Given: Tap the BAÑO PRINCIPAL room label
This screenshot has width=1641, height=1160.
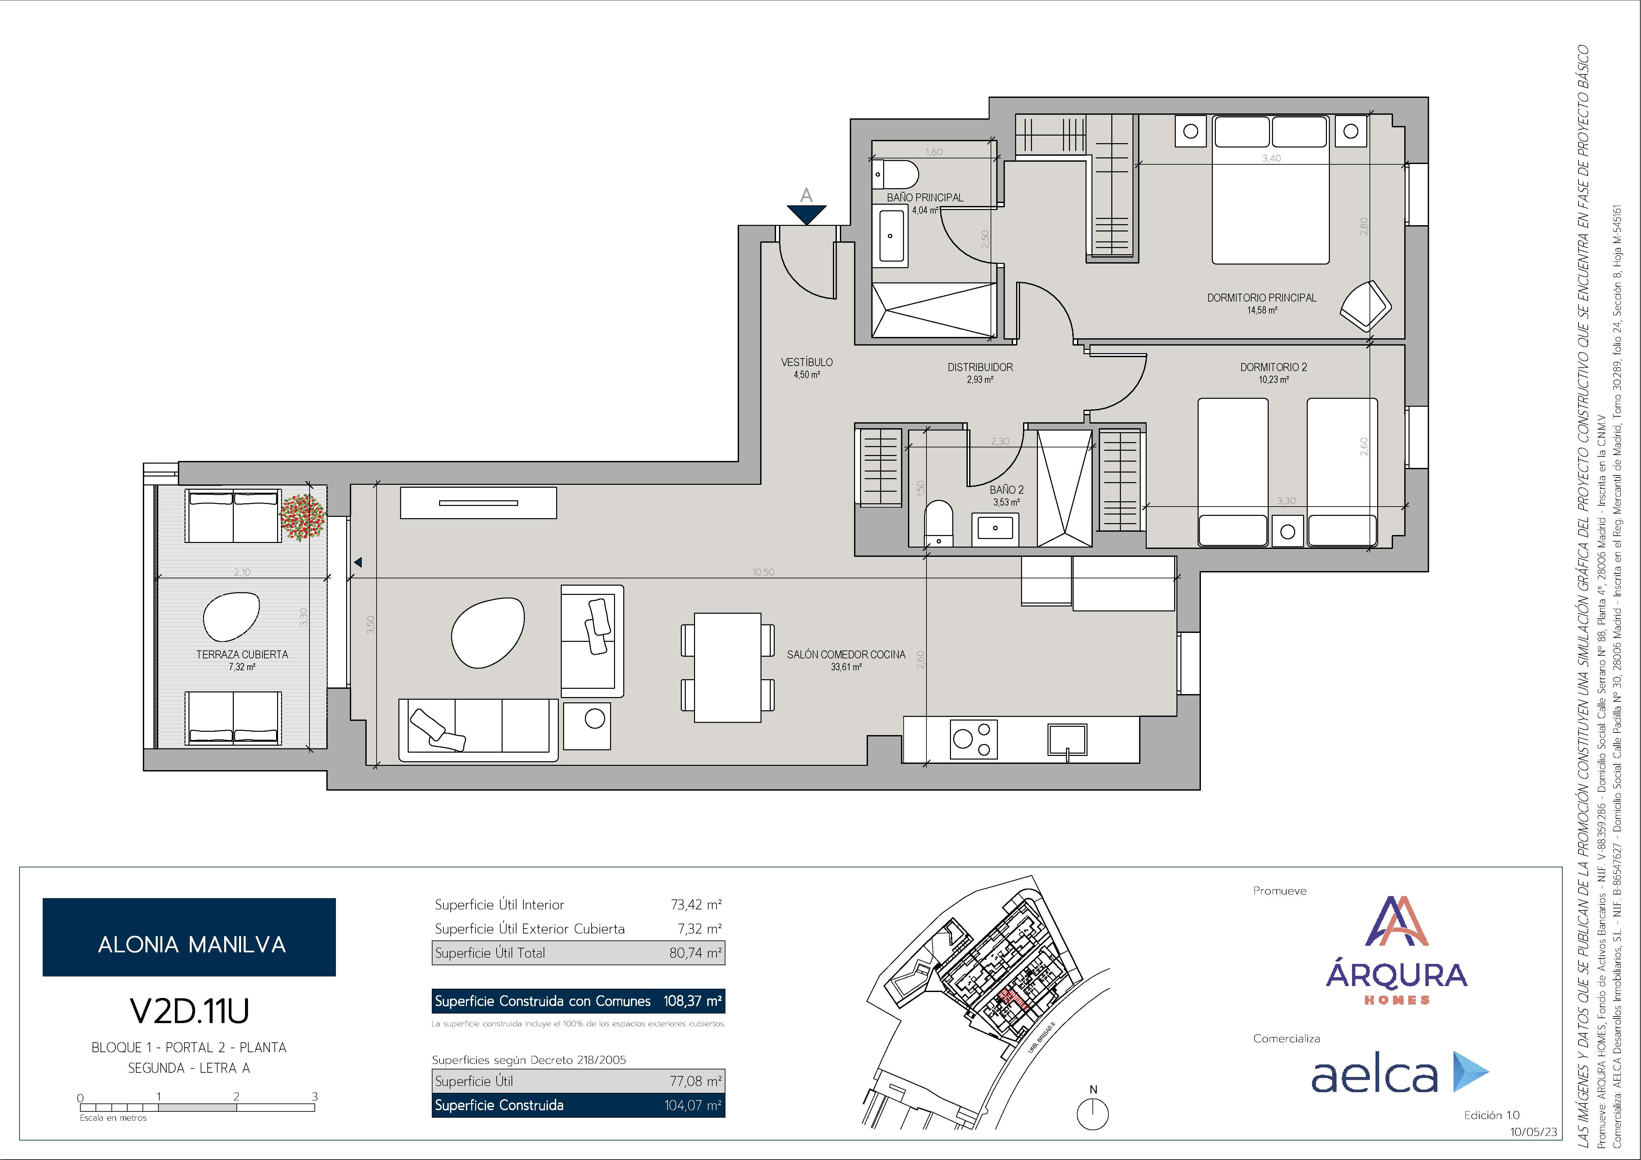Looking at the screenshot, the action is coord(925,197).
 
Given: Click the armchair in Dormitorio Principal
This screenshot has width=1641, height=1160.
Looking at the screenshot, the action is coord(1366,306).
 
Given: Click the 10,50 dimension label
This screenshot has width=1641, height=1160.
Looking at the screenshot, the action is coord(763,572).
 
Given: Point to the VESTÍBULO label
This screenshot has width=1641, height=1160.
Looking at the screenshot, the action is coord(807,362).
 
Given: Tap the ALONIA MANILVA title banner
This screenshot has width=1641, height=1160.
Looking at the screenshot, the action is coord(189,937).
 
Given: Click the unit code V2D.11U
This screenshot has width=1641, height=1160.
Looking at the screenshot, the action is coord(189,1011).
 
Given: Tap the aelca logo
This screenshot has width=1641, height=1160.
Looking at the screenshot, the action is coord(1399,1072).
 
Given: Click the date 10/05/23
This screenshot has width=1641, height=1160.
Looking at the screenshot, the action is coord(1533,1132).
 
